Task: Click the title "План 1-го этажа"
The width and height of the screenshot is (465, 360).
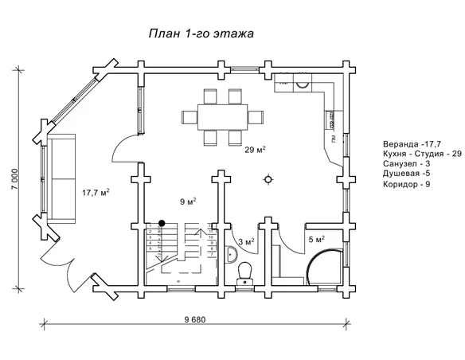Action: [201, 34]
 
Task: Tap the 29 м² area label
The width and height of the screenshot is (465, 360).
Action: [254, 149]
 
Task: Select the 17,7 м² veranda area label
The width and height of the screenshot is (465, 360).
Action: [96, 192]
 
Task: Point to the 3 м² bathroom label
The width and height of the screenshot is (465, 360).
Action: [247, 241]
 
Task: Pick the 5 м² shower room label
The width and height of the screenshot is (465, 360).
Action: [316, 239]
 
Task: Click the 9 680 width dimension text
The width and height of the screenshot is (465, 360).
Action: [194, 319]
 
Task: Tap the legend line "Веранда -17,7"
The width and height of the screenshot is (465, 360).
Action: [411, 144]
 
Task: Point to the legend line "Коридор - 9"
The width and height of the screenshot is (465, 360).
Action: [406, 185]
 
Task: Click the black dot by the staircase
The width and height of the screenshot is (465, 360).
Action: [162, 223]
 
